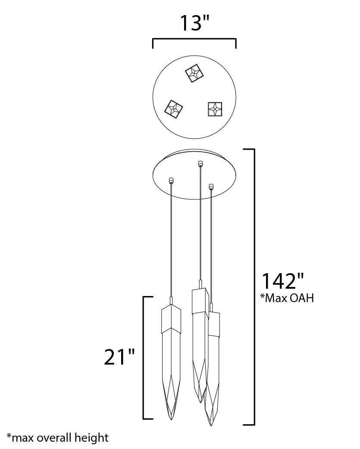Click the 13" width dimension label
coord(194,23)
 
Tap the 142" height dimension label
coord(283,281)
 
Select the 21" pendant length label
coord(119,357)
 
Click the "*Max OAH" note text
coord(287,298)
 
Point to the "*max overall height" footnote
coord(58,438)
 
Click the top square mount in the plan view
coord(194,73)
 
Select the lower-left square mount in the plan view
coord(174,109)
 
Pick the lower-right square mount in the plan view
coord(215,109)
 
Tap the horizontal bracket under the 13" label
coord(194,39)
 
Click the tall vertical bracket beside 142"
coord(254,287)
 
